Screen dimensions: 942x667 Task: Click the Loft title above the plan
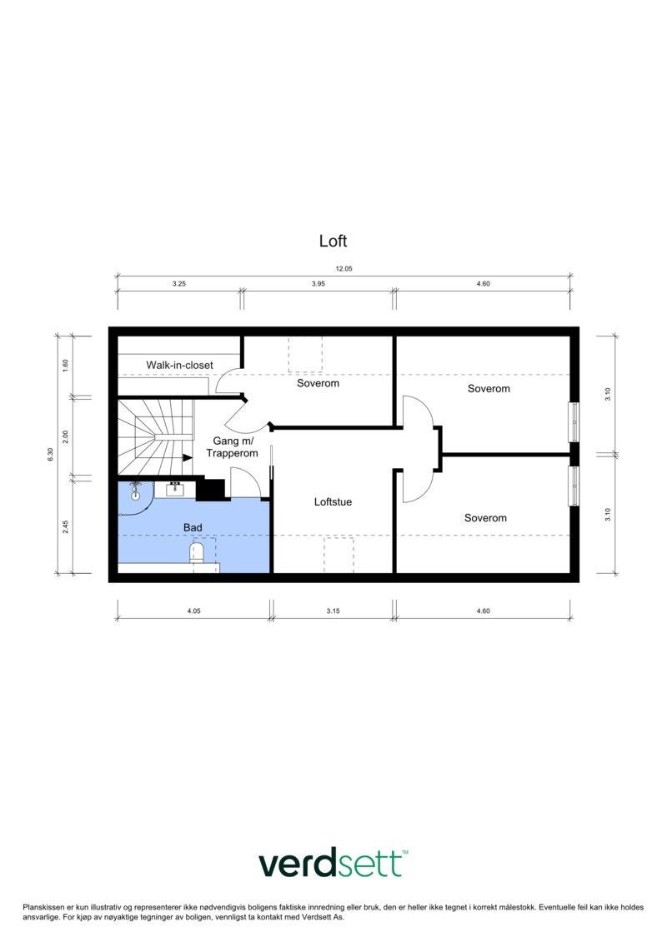tap(333, 242)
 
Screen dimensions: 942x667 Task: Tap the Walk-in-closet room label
tap(179, 365)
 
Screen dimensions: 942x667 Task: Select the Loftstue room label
tap(333, 502)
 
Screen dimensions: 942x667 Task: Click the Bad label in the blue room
tap(193, 528)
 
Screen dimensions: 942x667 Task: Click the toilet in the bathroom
tap(198, 552)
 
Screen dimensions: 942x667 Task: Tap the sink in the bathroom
tap(175, 489)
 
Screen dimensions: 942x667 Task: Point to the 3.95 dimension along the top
tap(318, 284)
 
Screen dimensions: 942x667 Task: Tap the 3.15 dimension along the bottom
tap(332, 611)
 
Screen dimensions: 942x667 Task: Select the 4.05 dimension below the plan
tap(193, 611)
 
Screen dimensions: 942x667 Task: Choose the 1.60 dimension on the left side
tap(65, 365)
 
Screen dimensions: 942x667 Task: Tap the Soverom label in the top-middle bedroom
tap(318, 384)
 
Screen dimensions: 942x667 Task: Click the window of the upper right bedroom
tap(574, 422)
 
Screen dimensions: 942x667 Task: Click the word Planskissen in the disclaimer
tap(43, 906)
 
